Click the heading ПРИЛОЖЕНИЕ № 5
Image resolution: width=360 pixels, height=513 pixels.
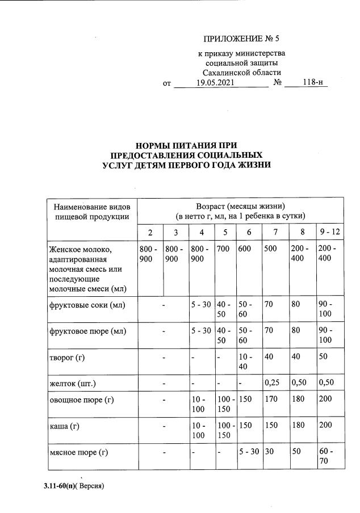click(241, 39)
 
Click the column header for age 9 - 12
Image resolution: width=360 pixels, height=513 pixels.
click(329, 232)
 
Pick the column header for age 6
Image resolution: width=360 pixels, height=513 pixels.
click(248, 232)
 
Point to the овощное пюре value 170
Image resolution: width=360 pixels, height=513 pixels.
click(273, 400)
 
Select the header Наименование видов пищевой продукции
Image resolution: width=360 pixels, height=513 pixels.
click(92, 211)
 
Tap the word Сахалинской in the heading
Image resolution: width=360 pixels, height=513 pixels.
click(225, 73)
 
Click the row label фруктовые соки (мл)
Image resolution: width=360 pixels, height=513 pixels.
click(87, 305)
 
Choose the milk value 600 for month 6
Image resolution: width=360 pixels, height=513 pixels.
click(245, 249)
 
